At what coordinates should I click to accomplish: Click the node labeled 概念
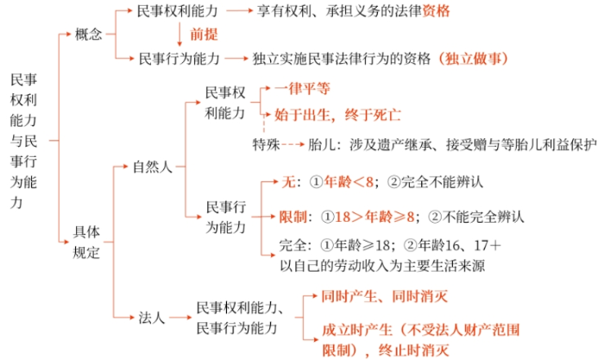89,35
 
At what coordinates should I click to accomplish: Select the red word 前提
204,35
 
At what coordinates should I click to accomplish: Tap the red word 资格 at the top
436,11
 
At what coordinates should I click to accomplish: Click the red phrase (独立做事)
473,59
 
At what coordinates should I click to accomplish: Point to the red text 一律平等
302,89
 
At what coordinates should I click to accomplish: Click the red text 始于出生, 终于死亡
338,115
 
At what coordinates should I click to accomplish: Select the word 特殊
266,144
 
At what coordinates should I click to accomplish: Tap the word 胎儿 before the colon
322,144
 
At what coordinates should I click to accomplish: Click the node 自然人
153,167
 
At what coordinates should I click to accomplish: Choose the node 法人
152,318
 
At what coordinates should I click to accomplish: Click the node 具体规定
86,242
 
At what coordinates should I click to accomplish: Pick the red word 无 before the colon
288,181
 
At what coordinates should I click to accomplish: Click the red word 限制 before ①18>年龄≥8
293,217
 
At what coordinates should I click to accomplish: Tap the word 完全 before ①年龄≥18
293,245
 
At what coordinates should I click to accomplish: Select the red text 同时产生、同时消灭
385,296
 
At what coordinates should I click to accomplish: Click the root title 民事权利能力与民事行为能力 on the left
23,141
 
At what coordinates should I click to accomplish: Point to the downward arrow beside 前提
179,35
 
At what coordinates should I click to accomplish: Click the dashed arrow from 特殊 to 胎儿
293,145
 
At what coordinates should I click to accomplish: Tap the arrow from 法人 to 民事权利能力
180,318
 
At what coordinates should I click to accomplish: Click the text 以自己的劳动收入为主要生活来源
382,266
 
